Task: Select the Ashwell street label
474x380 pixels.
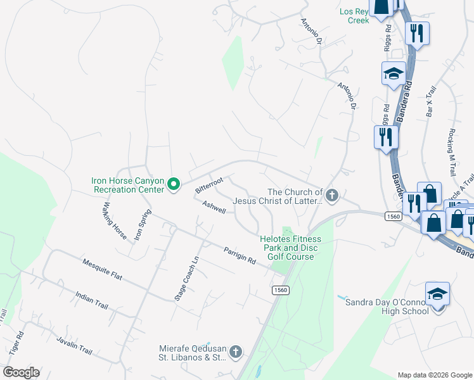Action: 214,207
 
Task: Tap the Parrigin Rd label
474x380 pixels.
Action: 239,256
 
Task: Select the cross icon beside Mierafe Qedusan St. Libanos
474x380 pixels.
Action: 235,351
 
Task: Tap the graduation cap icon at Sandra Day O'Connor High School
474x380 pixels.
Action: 437,293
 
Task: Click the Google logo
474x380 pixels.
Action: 21,372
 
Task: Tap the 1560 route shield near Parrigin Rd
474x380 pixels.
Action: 281,290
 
